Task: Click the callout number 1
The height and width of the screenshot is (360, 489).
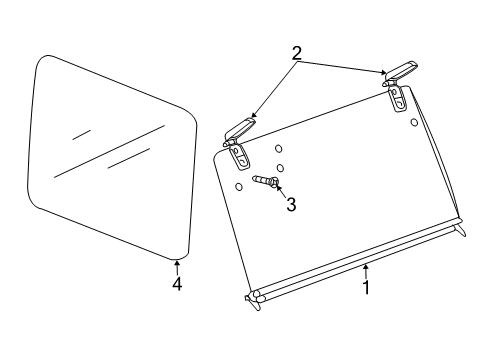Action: pos(366,287)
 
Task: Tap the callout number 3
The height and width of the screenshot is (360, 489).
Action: pos(291,204)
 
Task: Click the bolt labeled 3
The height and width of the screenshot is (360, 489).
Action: pos(265,181)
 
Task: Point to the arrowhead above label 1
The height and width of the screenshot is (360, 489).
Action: pos(366,267)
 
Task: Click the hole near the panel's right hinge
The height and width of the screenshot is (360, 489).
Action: pos(414,122)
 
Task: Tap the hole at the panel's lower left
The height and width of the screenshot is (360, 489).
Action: pos(238,186)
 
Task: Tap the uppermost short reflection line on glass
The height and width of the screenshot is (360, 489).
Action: pos(82,133)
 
